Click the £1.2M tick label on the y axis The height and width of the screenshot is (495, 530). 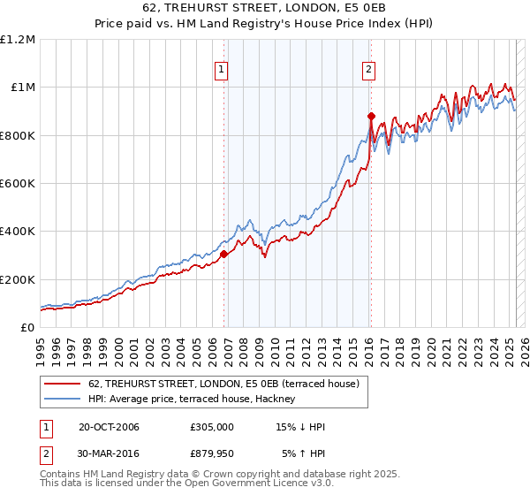coord(18,39)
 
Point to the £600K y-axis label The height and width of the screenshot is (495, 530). coord(18,183)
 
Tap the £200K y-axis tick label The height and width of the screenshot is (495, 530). coord(18,279)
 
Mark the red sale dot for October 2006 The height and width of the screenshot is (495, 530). coord(223,254)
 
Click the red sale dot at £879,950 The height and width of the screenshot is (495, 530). coord(371,116)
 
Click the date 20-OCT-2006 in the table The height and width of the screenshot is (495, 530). coord(109,427)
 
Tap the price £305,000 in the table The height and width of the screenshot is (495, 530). coord(212,427)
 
